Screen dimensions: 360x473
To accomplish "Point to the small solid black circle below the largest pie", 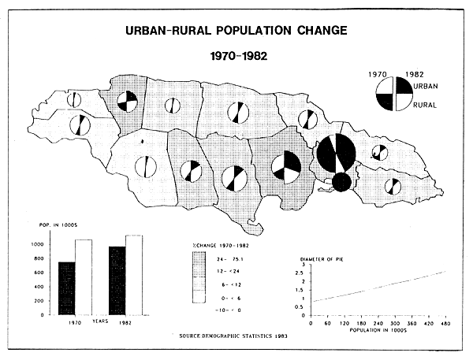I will (341, 182).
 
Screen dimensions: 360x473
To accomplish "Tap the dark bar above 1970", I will (66, 288).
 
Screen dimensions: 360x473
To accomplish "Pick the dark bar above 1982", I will (117, 280).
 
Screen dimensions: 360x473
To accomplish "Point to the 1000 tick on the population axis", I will (39, 245).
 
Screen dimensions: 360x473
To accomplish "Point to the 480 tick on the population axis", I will (445, 323).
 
